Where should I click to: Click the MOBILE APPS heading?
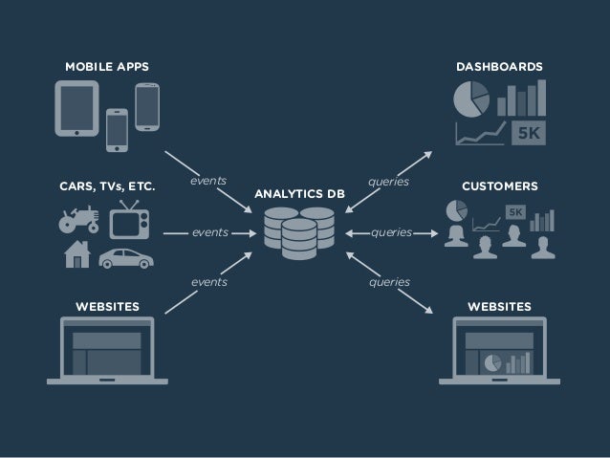click(106, 67)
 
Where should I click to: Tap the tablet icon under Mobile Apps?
click(76, 108)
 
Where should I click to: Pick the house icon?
click(76, 254)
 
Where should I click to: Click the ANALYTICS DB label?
click(299, 194)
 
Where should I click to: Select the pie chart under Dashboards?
click(470, 98)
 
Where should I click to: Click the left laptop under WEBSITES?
click(107, 351)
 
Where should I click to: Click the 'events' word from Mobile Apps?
click(207, 179)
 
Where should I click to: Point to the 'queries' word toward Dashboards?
click(389, 179)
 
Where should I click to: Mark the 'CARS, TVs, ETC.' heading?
click(107, 185)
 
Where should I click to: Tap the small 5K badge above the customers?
click(515, 210)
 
